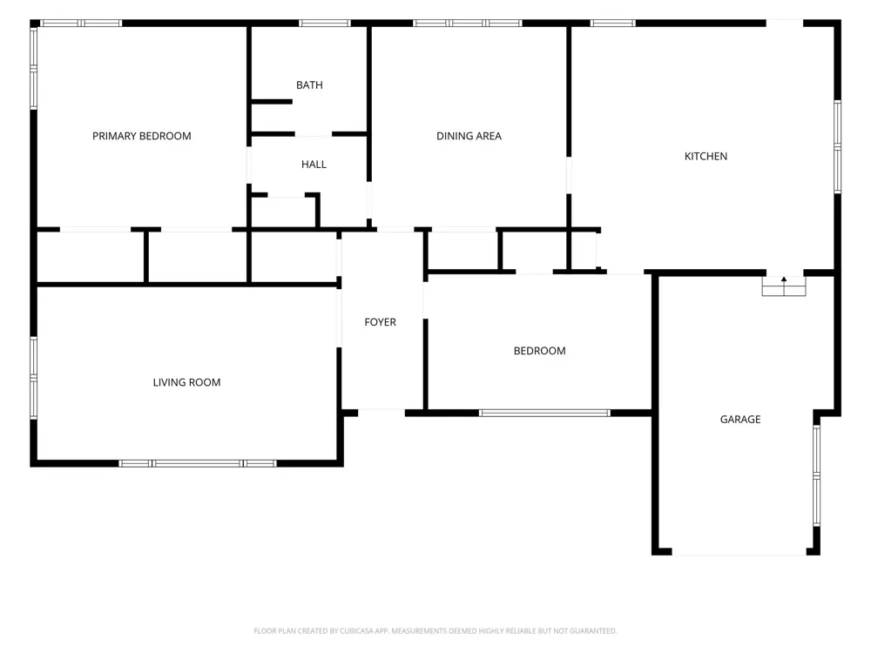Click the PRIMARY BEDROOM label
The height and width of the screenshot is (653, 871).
coord(142,136)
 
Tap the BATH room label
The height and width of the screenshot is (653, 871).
coord(309,85)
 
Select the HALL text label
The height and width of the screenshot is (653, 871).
coord(314,165)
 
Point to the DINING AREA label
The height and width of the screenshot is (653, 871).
coord(469,136)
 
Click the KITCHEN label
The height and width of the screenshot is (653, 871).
coord(706,157)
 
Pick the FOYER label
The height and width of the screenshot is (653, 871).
coord(381,322)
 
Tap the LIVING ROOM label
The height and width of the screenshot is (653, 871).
coord(186,382)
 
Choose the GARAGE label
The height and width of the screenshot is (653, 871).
coord(740,420)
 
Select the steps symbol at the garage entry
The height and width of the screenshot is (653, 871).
coord(784,286)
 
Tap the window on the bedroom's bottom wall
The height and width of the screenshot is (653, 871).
coord(544,413)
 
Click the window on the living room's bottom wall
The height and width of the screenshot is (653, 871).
coord(198,464)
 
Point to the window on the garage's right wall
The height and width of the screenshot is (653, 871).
coord(817,475)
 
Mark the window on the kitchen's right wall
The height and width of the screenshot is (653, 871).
coord(838,146)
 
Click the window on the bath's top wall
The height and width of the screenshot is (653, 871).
coord(325,24)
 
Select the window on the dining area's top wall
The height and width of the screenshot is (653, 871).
coord(467,24)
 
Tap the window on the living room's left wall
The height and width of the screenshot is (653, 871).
coord(33,378)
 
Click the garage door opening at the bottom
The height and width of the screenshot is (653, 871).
coord(739,553)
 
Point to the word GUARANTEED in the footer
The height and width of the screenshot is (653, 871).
coord(593,630)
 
